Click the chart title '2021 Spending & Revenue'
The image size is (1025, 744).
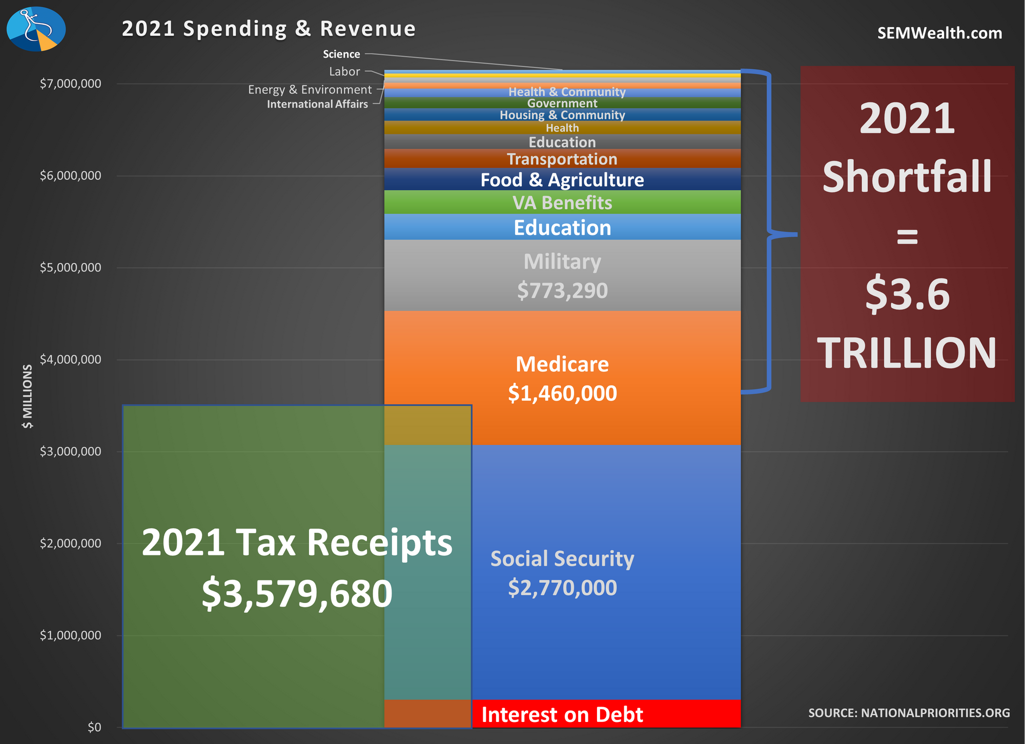[269, 29]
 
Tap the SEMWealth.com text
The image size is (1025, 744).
[939, 33]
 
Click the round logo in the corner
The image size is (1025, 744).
[36, 29]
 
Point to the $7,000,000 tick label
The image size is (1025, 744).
[70, 84]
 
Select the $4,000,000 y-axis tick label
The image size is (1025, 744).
[70, 359]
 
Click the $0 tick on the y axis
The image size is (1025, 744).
[94, 727]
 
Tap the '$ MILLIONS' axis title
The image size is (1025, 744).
[28, 396]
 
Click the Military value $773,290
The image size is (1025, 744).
[562, 291]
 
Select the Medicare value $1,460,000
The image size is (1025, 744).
[562, 393]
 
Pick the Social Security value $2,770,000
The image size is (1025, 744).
[562, 588]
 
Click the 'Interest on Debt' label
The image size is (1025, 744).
[562, 715]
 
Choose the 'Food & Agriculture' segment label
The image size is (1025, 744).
[562, 180]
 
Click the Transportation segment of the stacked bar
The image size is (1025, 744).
[562, 159]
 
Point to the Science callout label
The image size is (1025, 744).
[341, 54]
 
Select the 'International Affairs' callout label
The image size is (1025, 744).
[317, 105]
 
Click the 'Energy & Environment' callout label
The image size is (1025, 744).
[310, 90]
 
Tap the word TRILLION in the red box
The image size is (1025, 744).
[907, 353]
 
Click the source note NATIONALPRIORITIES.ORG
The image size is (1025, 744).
[909, 713]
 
